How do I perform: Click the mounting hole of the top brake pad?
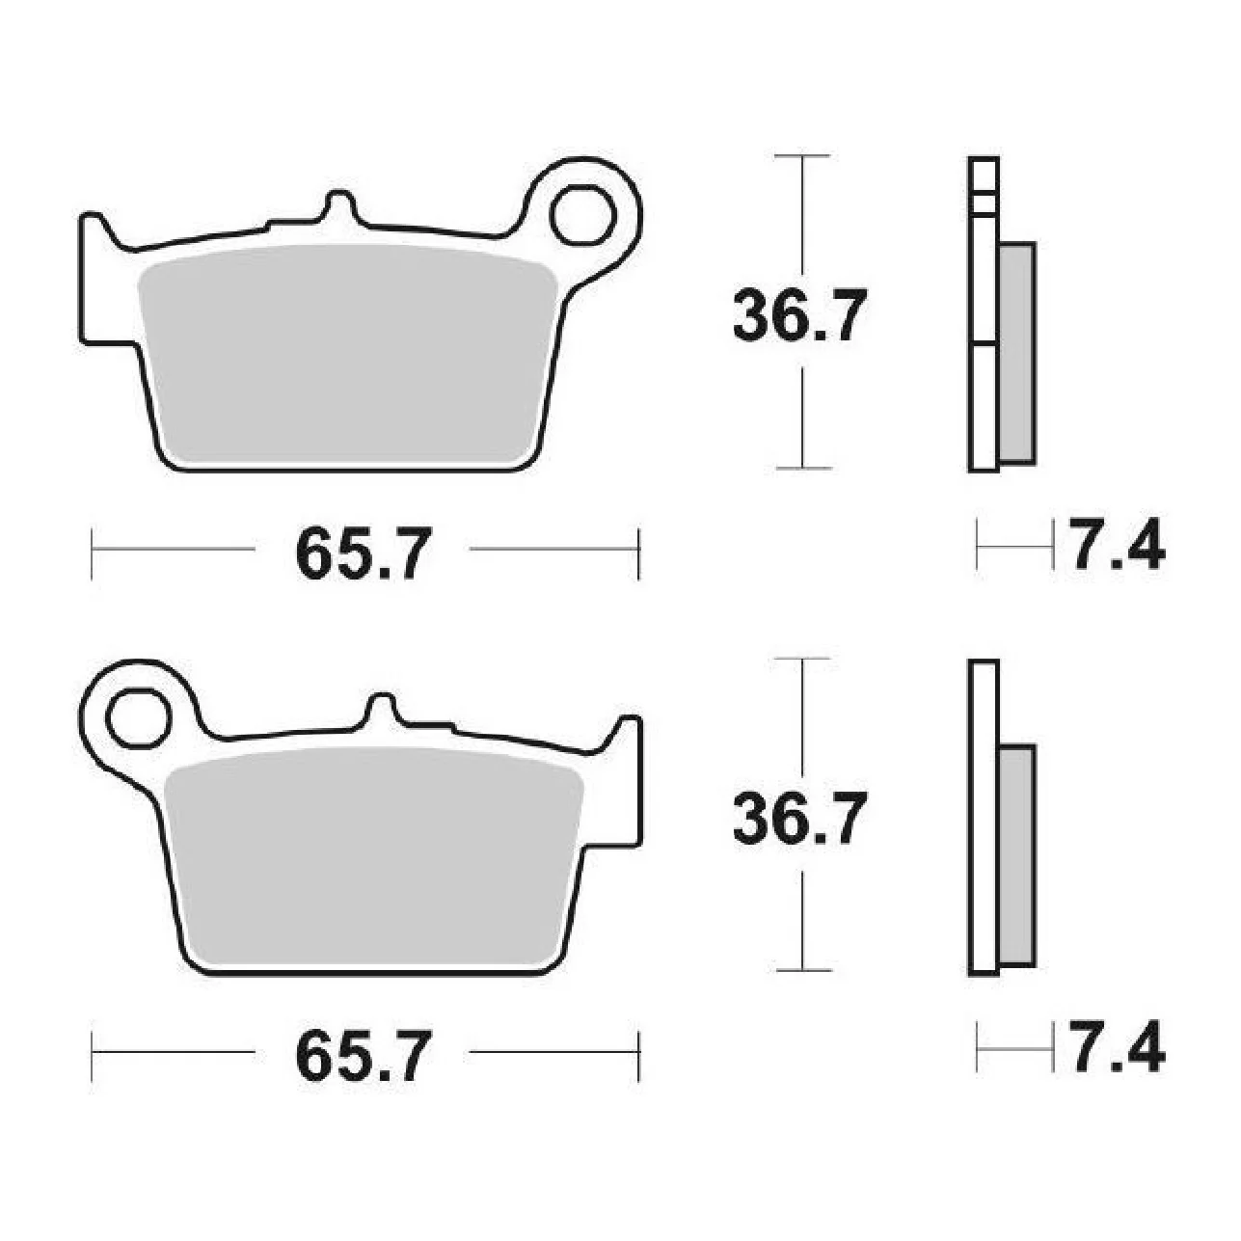pyautogui.click(x=582, y=215)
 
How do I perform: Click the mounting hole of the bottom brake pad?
pyautogui.click(x=139, y=718)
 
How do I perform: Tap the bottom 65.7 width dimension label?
pyautogui.click(x=363, y=1056)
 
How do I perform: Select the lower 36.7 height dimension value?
pyautogui.click(x=800, y=819)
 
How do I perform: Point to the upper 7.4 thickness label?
pyautogui.click(x=1118, y=544)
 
